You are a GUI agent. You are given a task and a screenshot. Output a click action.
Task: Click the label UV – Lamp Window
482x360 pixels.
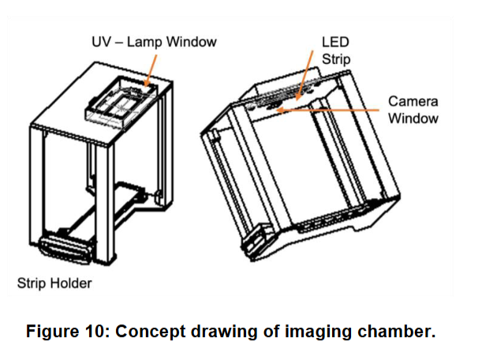[x=148, y=39]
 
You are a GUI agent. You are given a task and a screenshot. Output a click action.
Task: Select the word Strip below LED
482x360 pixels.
[x=335, y=58]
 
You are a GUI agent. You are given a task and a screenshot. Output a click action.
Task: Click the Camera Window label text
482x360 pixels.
[x=413, y=111]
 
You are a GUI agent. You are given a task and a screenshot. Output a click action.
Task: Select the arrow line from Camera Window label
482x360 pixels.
[x=331, y=110]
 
